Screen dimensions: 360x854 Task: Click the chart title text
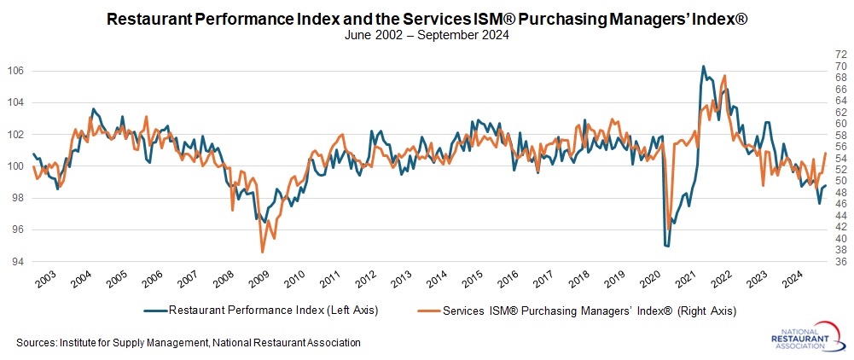coord(427,19)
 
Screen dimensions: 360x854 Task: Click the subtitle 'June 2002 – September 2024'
coord(427,36)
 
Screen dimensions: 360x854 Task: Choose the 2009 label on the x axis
coord(259,279)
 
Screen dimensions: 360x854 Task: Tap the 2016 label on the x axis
coord(508,279)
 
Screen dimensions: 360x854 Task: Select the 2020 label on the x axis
coord(651,279)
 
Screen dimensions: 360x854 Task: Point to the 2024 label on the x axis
coord(793,279)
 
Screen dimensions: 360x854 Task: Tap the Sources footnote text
coord(189,342)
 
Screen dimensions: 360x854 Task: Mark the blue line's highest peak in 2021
coord(703,66)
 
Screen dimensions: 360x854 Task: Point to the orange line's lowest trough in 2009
coord(263,252)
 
